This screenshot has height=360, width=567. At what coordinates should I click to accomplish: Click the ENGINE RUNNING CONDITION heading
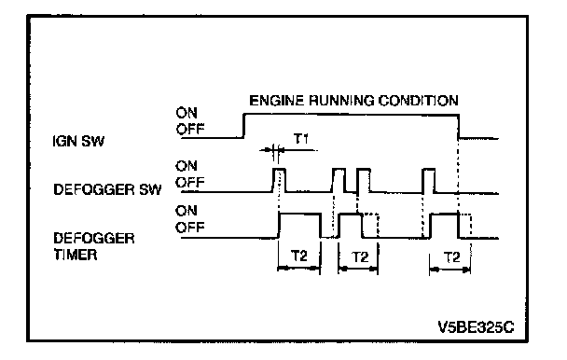click(353, 100)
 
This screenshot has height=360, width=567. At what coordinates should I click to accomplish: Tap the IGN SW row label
click(78, 141)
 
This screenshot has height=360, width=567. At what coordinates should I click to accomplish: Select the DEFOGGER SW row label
click(107, 189)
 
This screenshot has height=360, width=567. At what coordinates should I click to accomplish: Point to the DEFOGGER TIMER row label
click(94, 246)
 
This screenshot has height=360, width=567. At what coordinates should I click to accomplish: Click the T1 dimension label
click(301, 139)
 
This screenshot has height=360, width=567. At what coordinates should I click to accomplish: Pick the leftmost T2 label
click(299, 256)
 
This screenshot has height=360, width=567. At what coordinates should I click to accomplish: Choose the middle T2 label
click(360, 256)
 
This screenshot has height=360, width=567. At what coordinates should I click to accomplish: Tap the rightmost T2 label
click(451, 257)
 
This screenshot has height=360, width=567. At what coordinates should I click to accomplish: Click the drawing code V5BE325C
click(476, 327)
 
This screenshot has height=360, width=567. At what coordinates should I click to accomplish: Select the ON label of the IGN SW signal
click(187, 113)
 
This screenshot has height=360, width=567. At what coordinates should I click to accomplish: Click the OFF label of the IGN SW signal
click(190, 129)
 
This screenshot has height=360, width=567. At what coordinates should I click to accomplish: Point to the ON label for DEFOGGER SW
click(187, 166)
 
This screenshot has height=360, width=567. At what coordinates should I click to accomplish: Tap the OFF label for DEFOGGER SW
click(190, 182)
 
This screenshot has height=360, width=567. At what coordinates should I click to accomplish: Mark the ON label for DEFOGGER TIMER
click(187, 211)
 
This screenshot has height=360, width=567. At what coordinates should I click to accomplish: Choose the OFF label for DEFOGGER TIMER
click(190, 228)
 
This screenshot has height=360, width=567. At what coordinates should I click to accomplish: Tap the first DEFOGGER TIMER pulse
click(299, 215)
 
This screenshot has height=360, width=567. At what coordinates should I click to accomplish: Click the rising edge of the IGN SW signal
click(243, 126)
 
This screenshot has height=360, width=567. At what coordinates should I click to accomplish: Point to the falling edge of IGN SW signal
click(459, 127)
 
